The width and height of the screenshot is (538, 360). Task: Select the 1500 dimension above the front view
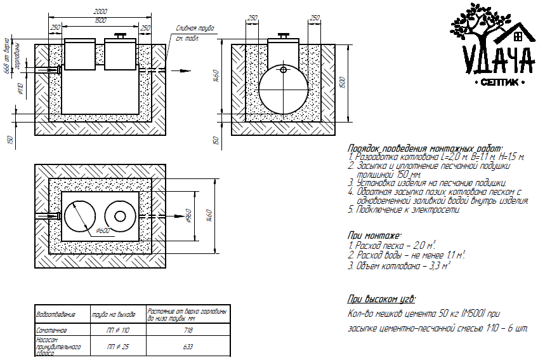pyautogui.click(x=100, y=21)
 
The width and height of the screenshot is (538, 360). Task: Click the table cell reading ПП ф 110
pyautogui.click(x=119, y=331)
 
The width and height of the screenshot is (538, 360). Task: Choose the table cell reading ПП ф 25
pyautogui.click(x=119, y=347)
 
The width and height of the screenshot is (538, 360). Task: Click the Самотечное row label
pyautogui.click(x=51, y=331)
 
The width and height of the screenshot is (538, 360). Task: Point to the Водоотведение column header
pyautogui.click(x=56, y=314)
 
